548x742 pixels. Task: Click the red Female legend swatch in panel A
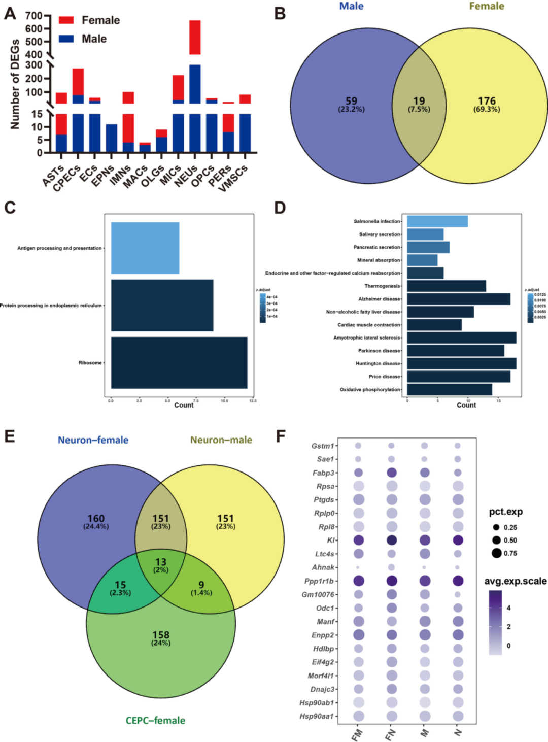click(66, 20)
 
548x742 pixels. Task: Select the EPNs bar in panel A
click(112, 138)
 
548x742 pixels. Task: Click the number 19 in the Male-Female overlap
click(419, 101)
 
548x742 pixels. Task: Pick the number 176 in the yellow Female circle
click(487, 101)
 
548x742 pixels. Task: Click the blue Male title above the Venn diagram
click(351, 6)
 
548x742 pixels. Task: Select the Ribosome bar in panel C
click(179, 363)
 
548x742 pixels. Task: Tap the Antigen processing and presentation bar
click(145, 248)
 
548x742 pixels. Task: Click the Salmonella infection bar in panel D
click(437, 221)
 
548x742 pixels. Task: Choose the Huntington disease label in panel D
click(378, 363)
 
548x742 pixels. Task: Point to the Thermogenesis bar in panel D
click(447, 286)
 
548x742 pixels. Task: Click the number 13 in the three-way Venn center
click(161, 562)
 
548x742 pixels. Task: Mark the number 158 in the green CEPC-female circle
click(161, 635)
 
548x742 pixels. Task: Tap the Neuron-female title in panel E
click(93, 440)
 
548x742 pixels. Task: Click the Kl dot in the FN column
click(391, 540)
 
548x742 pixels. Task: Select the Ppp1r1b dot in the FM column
click(358, 581)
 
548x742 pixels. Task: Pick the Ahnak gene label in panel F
click(323, 567)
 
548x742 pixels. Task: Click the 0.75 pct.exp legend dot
click(496, 553)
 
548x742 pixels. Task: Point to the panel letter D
click(280, 208)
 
